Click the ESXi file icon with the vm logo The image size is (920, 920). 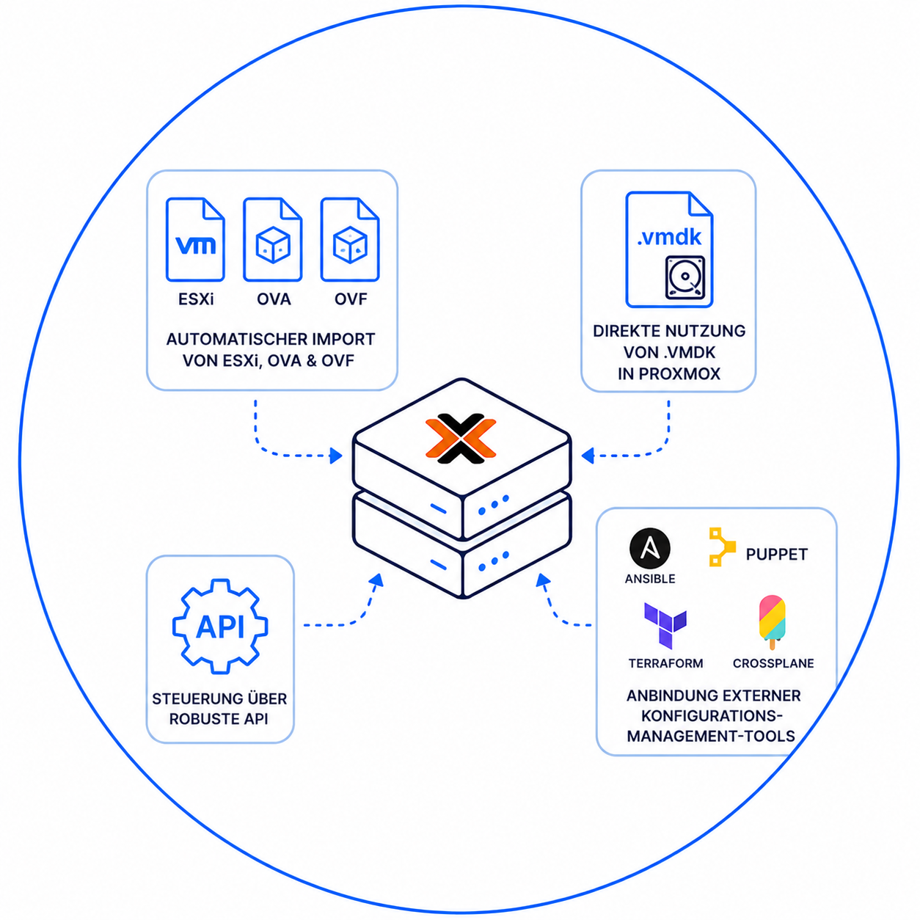[195, 239]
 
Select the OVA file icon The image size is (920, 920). [272, 239]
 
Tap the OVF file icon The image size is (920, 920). [350, 239]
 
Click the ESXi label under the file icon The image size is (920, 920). [196, 299]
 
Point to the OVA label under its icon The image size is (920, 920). [274, 299]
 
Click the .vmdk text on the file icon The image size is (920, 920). [669, 237]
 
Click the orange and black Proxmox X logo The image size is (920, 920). [461, 439]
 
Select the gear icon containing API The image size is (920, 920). [220, 626]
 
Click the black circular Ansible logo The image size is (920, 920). [650, 549]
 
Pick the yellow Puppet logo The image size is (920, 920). [722, 547]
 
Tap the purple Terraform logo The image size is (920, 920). [665, 625]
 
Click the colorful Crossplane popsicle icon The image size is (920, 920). [772, 622]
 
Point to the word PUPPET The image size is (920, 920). [777, 555]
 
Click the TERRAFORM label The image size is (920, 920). [665, 663]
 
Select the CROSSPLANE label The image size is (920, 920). [773, 663]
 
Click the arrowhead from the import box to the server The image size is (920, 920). [336, 456]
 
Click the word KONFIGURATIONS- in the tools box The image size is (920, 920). [712, 716]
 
